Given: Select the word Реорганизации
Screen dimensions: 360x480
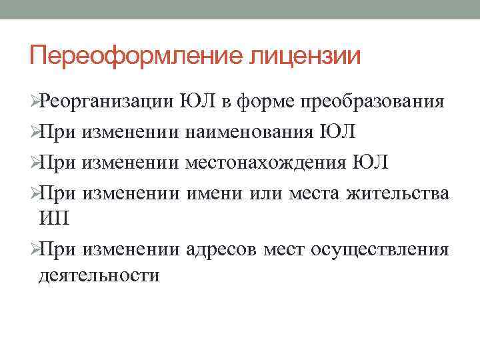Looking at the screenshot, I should pos(106,102).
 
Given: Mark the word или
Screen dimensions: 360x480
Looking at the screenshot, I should pos(265,192).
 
